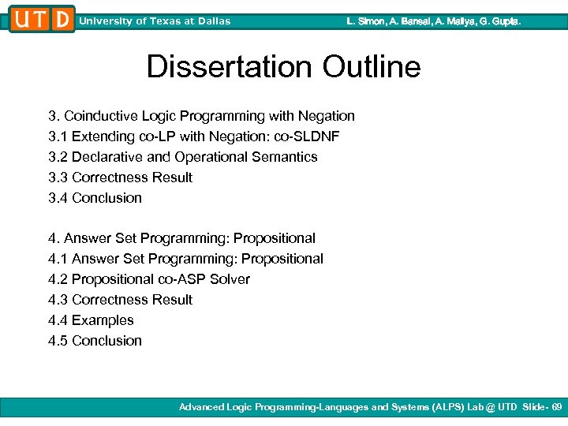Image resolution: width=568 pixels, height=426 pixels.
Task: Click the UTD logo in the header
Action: pyautogui.click(x=42, y=19)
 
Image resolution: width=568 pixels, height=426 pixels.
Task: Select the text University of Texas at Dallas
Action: pyautogui.click(x=155, y=21)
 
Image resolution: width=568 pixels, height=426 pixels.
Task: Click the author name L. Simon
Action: pyautogui.click(x=366, y=21)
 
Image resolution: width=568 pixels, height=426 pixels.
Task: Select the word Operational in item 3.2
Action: pyautogui.click(x=211, y=157)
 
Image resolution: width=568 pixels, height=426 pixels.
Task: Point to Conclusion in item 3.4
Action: pyautogui.click(x=106, y=198)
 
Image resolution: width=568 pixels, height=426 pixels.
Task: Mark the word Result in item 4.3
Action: pyautogui.click(x=173, y=300)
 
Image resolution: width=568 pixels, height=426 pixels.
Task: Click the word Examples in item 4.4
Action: pyautogui.click(x=103, y=320)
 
